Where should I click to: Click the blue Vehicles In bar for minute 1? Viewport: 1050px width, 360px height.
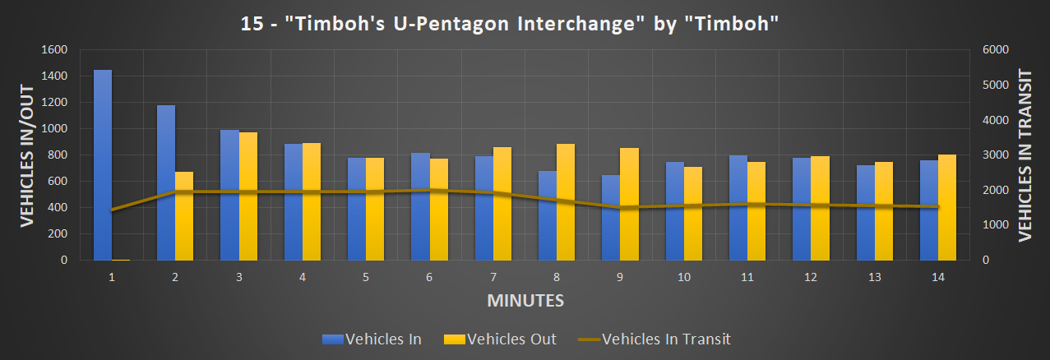[103, 164]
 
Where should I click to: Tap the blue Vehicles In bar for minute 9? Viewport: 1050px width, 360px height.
[611, 217]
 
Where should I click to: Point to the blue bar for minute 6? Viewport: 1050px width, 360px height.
[419, 205]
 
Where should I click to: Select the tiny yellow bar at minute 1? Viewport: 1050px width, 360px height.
[121, 259]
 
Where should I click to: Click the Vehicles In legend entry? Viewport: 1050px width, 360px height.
[372, 339]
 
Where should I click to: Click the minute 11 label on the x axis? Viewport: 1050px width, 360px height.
[747, 278]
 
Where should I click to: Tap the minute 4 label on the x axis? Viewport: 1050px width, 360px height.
[303, 278]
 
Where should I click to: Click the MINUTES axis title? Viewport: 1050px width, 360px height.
[525, 301]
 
